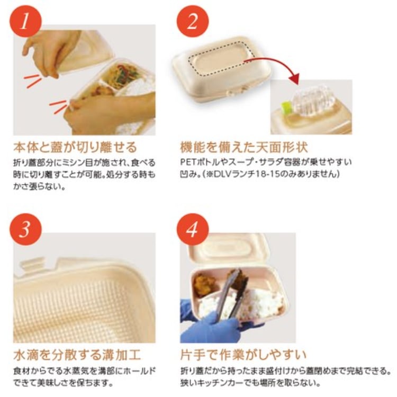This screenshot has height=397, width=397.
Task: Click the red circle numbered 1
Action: point(25,22)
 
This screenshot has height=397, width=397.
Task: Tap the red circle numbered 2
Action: point(193,22)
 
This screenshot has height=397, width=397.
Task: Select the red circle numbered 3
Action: point(25,229)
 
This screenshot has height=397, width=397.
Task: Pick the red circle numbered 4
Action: point(193,229)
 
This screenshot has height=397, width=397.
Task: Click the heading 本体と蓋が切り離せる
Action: point(75,147)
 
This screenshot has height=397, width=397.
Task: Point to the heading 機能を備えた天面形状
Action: point(244,147)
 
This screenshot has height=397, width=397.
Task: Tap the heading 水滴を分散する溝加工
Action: point(77,355)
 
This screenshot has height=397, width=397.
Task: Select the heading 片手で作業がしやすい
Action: point(243,355)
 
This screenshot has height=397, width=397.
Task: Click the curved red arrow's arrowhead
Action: point(294,78)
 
